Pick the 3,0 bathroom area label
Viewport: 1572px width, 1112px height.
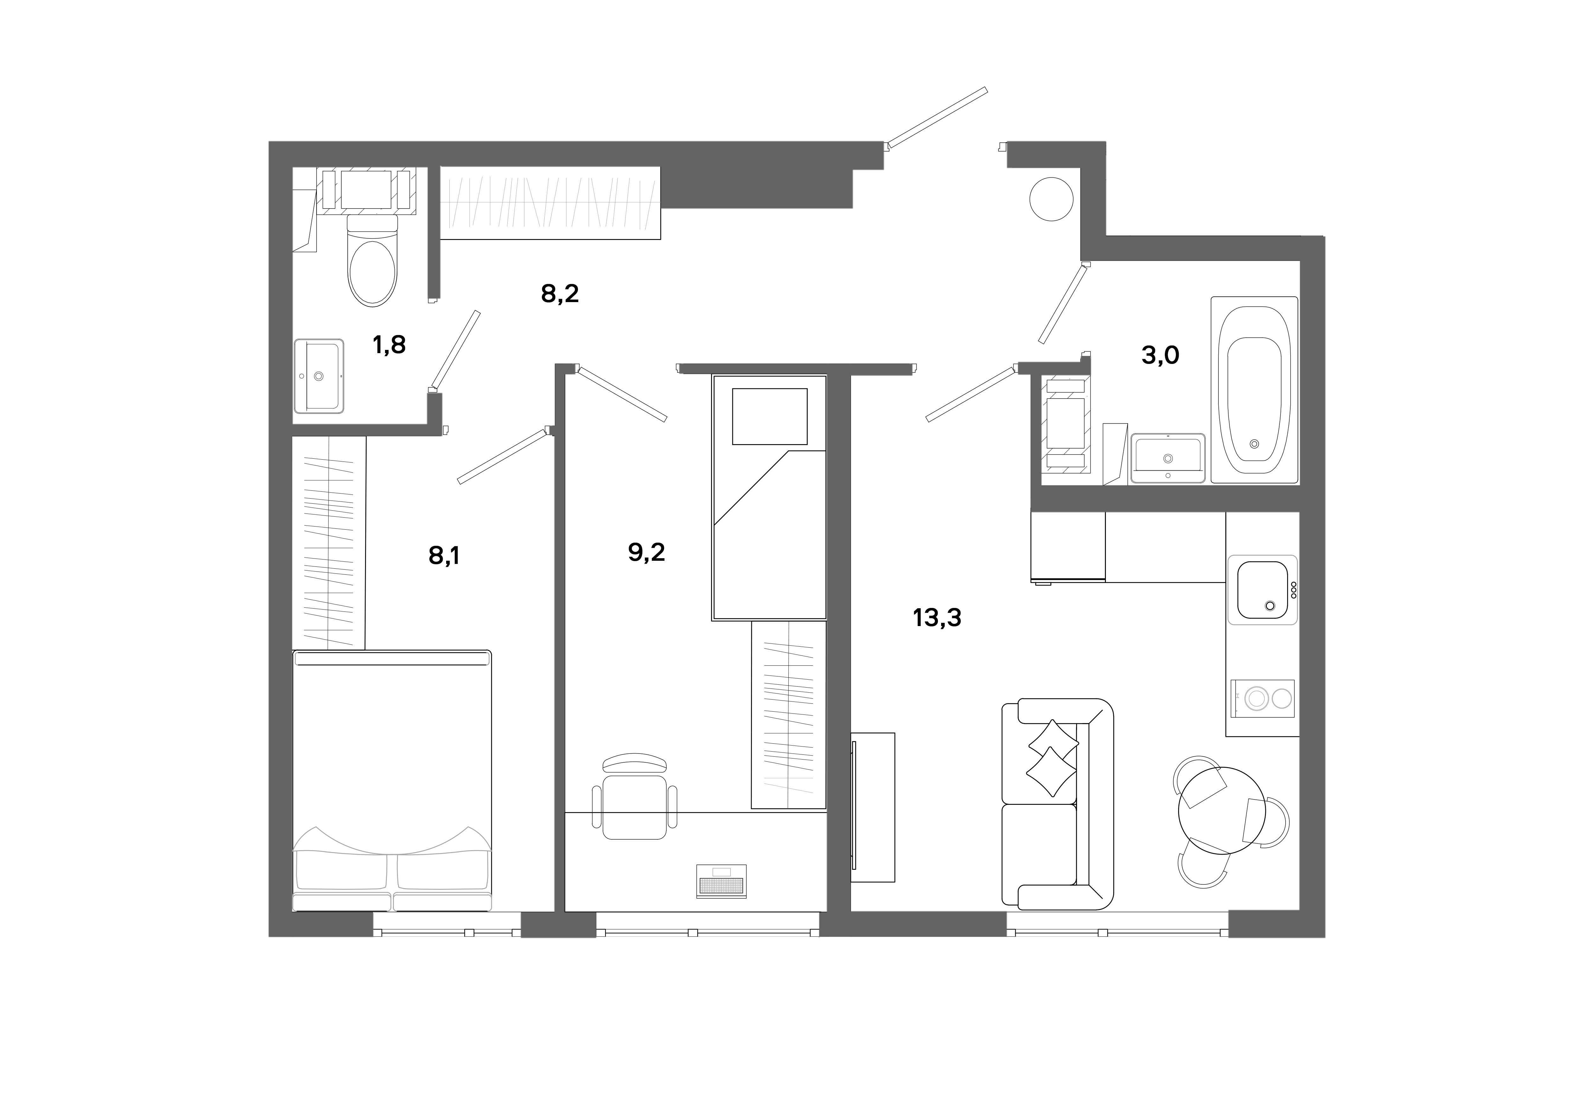pos(1160,355)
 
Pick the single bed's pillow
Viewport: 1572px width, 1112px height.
pos(770,416)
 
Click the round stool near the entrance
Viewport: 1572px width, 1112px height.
pos(1051,198)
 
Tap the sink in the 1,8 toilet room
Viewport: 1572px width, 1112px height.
pos(319,376)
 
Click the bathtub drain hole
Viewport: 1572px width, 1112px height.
pos(1254,444)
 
